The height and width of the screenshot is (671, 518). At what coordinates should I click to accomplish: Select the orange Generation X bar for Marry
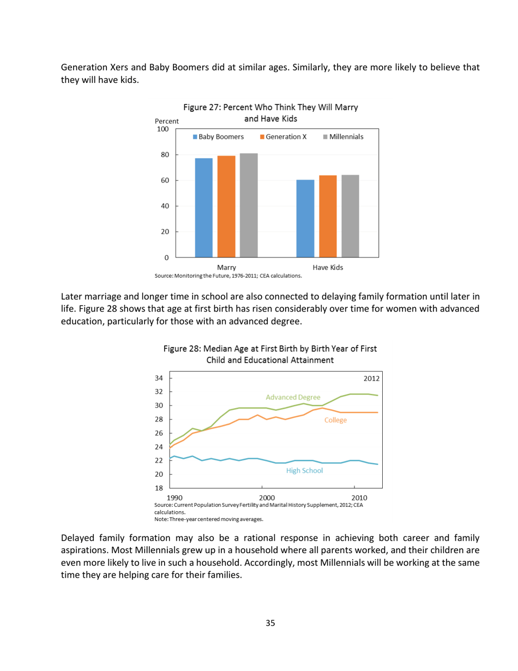pos(226,206)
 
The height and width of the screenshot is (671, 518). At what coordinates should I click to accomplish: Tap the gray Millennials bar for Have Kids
pos(350,215)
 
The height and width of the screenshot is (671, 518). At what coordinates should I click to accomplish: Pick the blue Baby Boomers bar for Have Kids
pos(305,218)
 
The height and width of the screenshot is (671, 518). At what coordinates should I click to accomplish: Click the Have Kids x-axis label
pos(328,267)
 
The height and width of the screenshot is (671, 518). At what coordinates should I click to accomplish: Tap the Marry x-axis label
pos(226,267)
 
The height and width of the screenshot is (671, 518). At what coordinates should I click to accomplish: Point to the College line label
pos(335,420)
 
